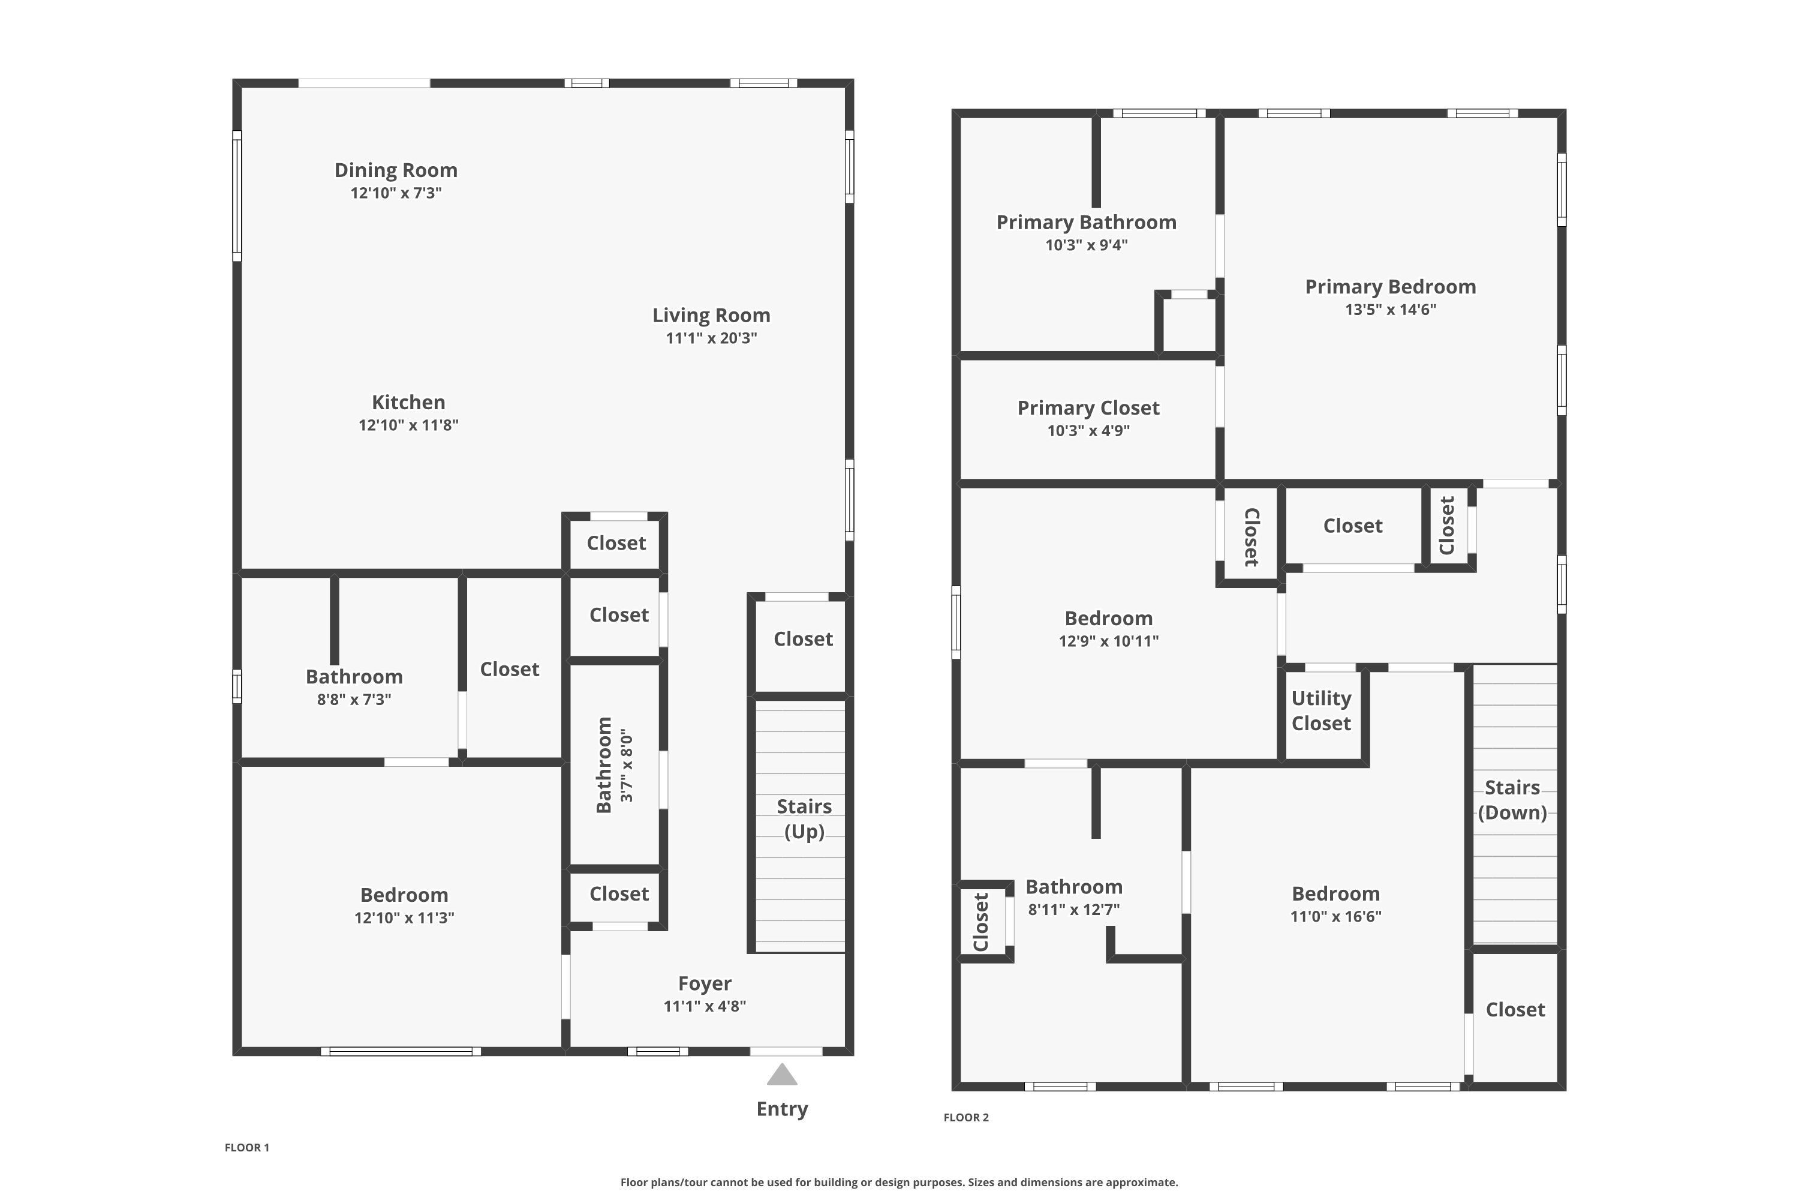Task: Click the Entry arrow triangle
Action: pos(782,1075)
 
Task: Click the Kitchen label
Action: pos(408,403)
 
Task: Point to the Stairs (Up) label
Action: pos(804,818)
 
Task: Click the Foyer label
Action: pos(705,983)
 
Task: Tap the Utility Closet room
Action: pos(1321,711)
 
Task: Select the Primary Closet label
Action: pos(1088,408)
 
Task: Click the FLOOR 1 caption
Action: pos(246,1147)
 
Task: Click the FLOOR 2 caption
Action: pos(965,1117)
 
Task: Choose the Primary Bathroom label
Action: pos(1085,223)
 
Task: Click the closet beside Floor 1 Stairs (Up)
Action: pos(802,640)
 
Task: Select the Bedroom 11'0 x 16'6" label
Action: pos(1335,894)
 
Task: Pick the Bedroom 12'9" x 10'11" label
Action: pos(1108,619)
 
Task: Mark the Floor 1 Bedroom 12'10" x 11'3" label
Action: pos(404,895)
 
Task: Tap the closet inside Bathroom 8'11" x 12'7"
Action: pos(981,922)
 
